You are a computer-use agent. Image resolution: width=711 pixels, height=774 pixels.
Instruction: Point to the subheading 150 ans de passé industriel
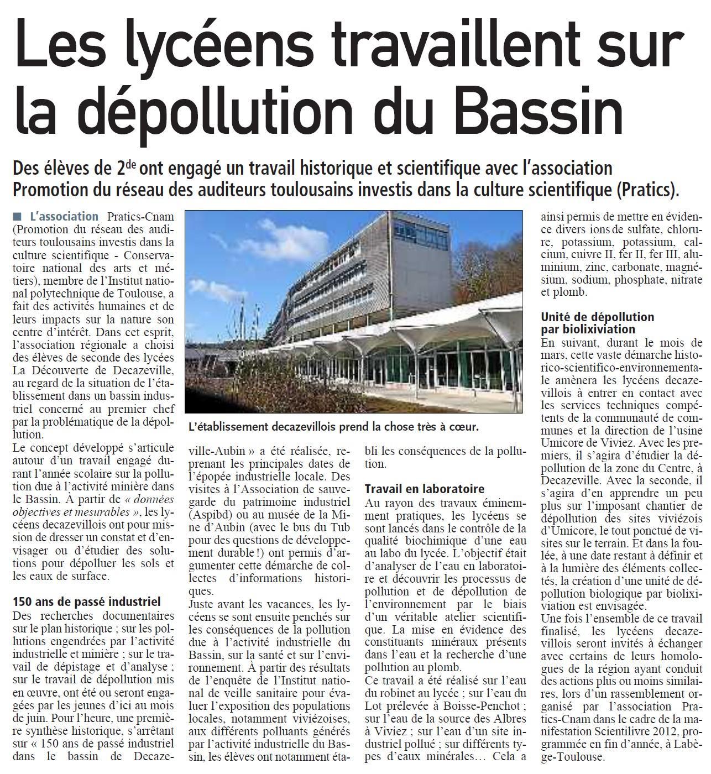click(86, 602)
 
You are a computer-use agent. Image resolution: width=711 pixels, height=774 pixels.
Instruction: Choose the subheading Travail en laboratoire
click(425, 489)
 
